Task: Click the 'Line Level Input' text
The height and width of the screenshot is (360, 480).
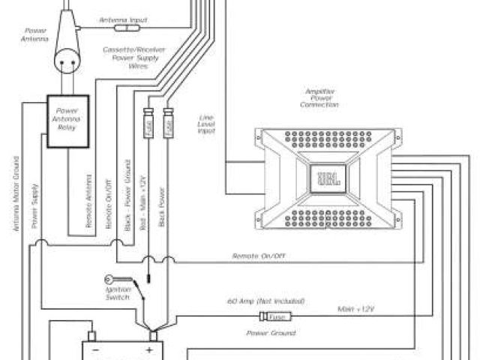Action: tap(206, 124)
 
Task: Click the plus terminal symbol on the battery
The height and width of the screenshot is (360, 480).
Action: tap(149, 349)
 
